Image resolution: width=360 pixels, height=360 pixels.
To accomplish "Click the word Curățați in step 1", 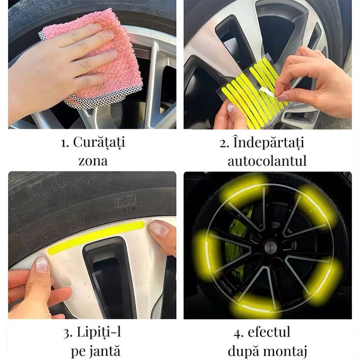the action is [99, 143].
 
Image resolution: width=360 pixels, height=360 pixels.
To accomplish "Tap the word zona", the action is [93, 161].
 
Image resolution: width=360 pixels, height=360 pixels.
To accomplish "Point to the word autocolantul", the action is [267, 161].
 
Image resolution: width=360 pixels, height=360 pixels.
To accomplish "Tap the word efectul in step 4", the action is [269, 332].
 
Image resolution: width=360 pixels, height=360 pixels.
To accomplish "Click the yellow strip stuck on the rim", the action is [96, 238].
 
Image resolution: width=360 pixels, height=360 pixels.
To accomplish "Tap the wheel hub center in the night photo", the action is [270, 247].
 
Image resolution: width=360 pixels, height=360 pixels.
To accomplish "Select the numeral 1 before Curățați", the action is [64, 143].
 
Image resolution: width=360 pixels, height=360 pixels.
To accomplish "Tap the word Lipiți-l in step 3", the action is [99, 332].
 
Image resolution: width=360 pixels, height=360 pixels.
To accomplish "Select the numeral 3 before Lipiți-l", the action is [67, 333].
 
